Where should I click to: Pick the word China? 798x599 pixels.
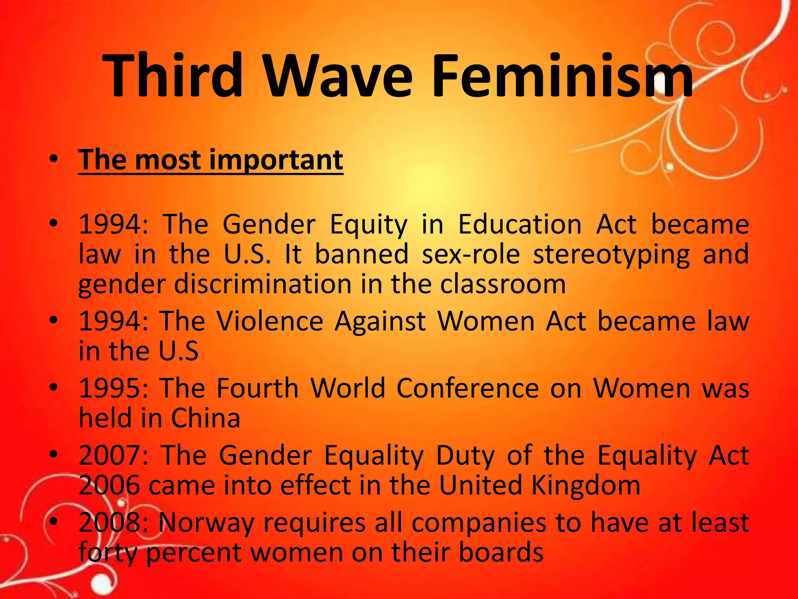(x=205, y=418)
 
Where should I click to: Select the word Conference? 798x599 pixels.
(x=468, y=388)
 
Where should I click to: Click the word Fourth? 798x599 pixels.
(x=258, y=388)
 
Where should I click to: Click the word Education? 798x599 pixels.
(x=520, y=225)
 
